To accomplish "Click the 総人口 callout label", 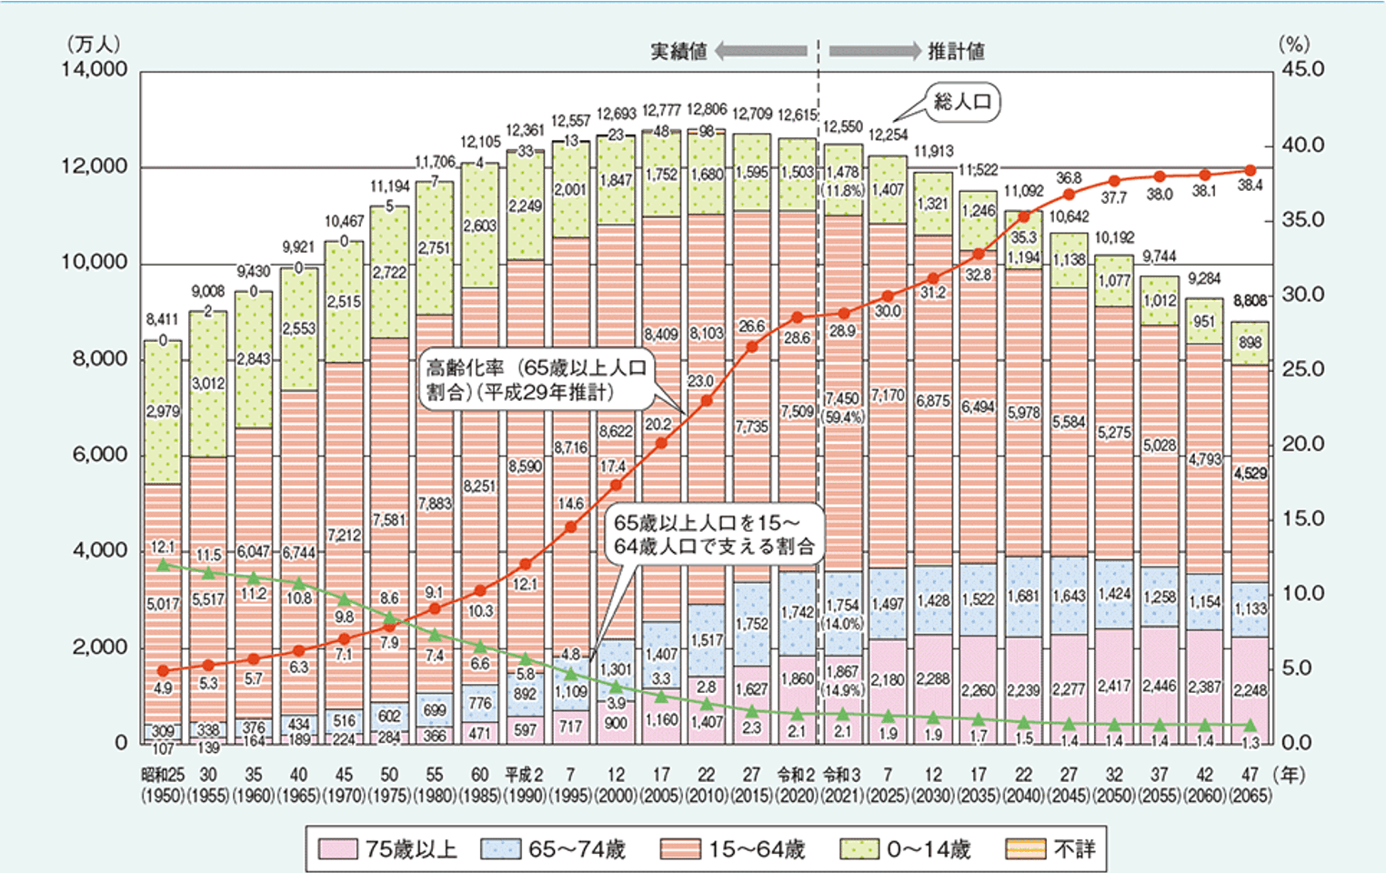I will [962, 101].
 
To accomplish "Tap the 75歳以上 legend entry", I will [388, 849].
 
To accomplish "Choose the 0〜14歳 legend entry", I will [906, 849].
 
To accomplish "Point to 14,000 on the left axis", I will [95, 70].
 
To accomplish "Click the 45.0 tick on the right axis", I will [1302, 70].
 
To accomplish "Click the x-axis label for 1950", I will [163, 785].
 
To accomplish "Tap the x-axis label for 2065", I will [1250, 785].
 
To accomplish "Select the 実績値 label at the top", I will [678, 52].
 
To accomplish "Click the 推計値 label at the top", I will [956, 52].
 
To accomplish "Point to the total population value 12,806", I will [707, 109].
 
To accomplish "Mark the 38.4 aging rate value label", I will [1250, 186].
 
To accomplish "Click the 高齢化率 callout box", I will [537, 380].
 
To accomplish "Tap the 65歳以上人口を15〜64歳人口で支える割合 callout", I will [714, 534].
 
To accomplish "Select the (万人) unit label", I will [94, 44].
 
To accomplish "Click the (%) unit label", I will [1293, 44].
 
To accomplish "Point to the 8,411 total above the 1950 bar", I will [163, 320].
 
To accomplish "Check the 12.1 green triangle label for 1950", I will [163, 547].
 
